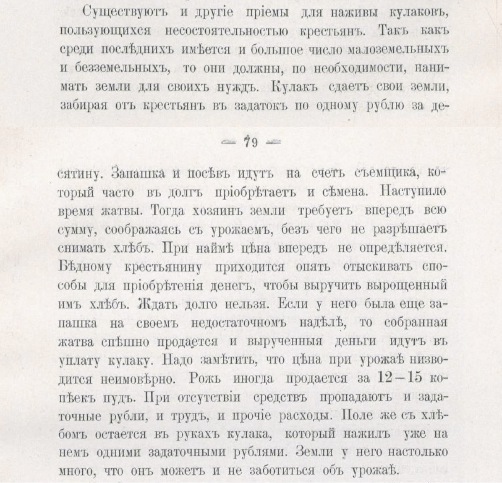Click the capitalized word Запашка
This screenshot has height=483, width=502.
click(134, 174)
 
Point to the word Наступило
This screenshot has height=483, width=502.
click(413, 192)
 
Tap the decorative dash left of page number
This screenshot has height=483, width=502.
click(228, 142)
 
